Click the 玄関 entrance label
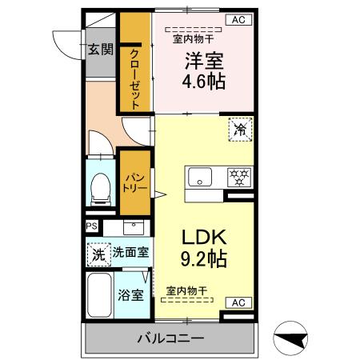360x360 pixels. pyautogui.click(x=100, y=50)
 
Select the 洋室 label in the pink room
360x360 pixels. pyautogui.click(x=204, y=60)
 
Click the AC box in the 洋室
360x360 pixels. pyautogui.click(x=239, y=20)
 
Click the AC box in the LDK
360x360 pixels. pyautogui.click(x=239, y=302)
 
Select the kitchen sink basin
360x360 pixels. pyautogui.click(x=199, y=176)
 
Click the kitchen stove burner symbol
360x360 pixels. pyautogui.click(x=238, y=176)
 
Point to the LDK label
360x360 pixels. pyautogui.click(x=203, y=237)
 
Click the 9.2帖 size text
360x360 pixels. pyautogui.click(x=203, y=258)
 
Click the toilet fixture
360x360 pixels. pyautogui.click(x=101, y=187)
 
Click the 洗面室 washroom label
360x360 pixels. pyautogui.click(x=130, y=252)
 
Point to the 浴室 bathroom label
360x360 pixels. pyautogui.click(x=131, y=294)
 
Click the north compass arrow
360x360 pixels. pyautogui.click(x=293, y=339)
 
